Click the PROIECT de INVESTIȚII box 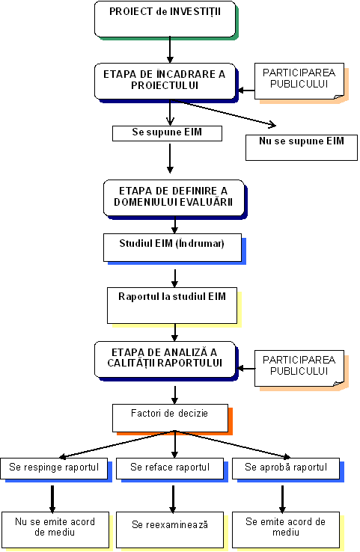click(165, 19)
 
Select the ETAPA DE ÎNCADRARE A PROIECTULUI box click(165, 82)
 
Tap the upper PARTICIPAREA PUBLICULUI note click(299, 82)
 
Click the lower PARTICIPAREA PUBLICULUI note click(299, 369)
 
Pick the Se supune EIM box click(168, 133)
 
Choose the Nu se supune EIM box click(302, 147)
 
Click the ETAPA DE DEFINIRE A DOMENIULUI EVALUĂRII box click(174, 198)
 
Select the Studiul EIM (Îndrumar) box click(173, 248)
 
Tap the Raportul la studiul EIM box click(172, 306)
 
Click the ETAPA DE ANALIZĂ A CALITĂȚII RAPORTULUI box click(165, 360)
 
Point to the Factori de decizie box click(170, 418)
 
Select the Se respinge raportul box click(54, 468)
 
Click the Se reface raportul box click(170, 468)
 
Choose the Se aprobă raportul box click(286, 468)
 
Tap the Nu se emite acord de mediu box click(55, 530)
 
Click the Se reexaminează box click(170, 530)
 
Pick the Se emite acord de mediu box click(286, 530)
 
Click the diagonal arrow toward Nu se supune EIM click(223, 112)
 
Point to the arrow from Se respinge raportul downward click(52, 499)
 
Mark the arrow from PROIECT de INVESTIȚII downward click(170, 50)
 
